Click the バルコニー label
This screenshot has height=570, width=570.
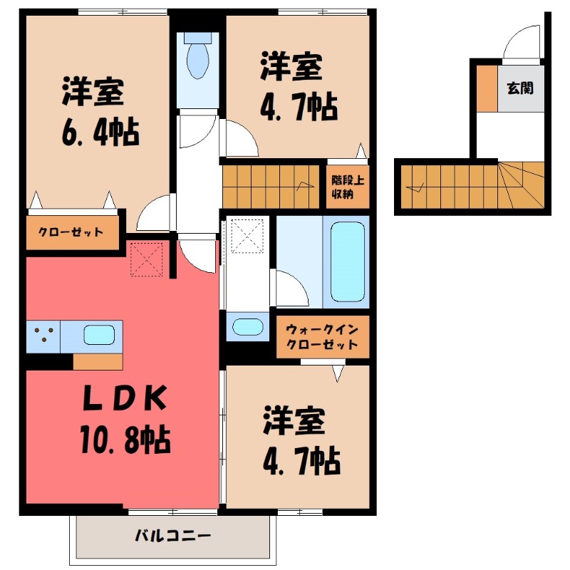tap(172, 536)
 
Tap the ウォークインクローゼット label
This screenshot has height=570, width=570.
tap(322, 336)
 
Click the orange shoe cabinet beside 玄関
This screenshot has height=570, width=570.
tap(487, 88)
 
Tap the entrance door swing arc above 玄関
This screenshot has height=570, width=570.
tap(522, 44)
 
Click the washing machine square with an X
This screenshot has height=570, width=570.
tap(247, 235)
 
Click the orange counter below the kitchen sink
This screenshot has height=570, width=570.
tap(98, 361)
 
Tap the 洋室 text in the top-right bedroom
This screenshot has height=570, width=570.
tap(291, 66)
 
